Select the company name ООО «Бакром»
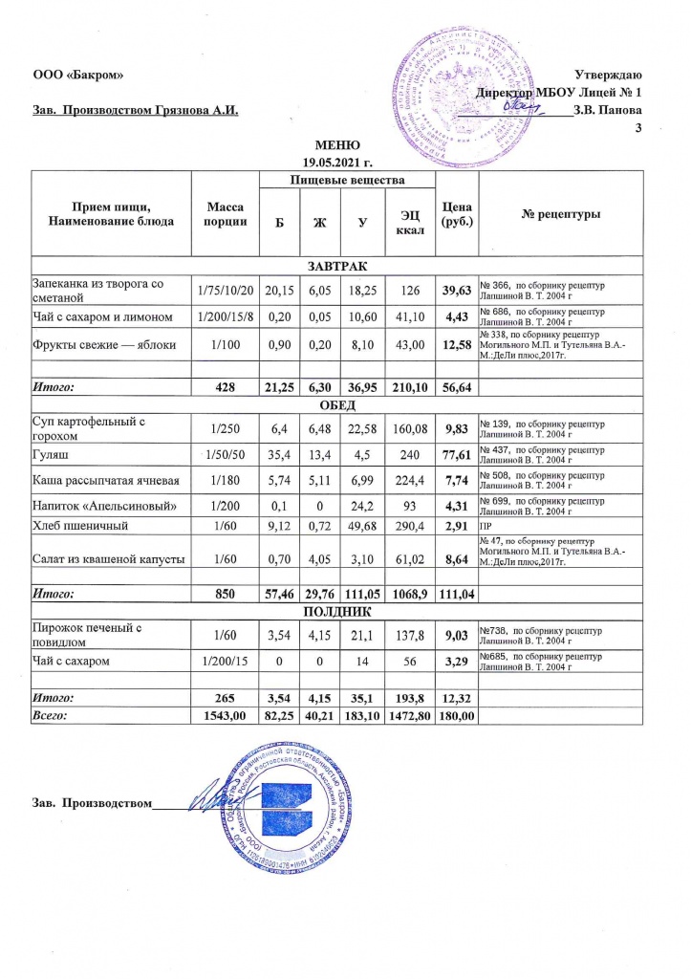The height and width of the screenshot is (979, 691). (x=78, y=76)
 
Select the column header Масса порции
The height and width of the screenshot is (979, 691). (x=227, y=214)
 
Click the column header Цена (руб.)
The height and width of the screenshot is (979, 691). (x=455, y=214)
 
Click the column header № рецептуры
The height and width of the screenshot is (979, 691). (x=560, y=214)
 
